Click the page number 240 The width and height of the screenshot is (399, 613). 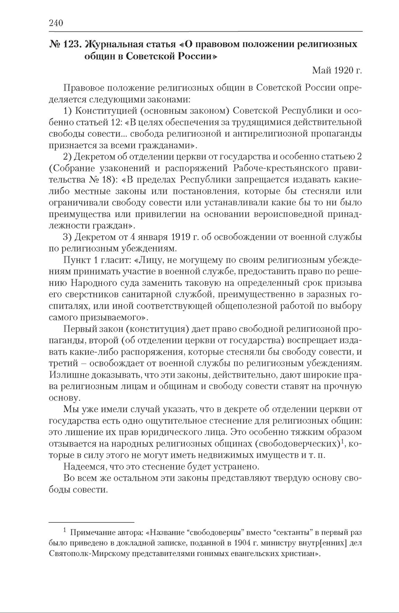click(x=56, y=23)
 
